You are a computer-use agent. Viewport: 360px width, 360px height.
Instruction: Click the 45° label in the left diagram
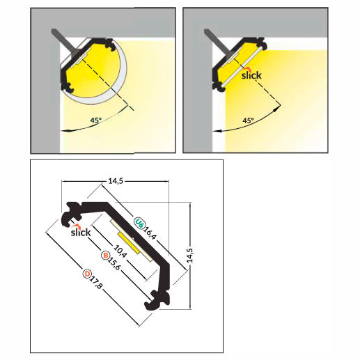[96, 120]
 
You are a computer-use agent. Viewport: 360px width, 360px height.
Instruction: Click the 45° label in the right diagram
[248, 120]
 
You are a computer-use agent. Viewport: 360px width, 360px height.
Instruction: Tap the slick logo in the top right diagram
[251, 74]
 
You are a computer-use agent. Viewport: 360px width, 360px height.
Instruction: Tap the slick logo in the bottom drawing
[81, 230]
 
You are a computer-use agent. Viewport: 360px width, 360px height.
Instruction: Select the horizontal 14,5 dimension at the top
[116, 181]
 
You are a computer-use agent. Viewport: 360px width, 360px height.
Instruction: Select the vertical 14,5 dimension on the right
[189, 256]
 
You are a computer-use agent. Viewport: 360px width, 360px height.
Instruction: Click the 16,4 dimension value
[150, 233]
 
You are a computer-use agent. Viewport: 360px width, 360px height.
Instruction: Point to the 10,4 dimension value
[120, 251]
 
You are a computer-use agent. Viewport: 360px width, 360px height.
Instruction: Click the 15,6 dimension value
[114, 264]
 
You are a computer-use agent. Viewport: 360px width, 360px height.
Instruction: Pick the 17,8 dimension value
[95, 283]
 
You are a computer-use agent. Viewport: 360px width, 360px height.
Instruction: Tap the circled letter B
[105, 256]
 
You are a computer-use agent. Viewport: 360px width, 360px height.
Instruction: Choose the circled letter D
[87, 274]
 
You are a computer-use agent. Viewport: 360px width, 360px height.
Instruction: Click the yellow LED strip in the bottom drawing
[129, 243]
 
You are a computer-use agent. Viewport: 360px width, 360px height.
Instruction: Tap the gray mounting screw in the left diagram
[65, 42]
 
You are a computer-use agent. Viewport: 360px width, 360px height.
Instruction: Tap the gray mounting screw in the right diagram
[218, 42]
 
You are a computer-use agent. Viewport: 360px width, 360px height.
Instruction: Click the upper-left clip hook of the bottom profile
[72, 214]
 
